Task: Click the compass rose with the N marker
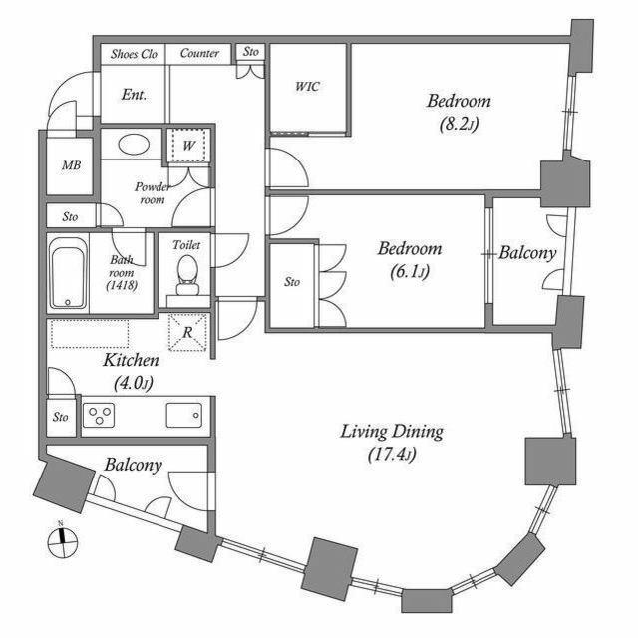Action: (63, 541)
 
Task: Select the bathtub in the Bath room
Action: (68, 273)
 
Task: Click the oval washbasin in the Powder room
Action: (134, 144)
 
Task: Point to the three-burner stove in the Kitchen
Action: (99, 415)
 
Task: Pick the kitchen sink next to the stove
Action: (184, 415)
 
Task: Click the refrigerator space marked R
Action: (187, 332)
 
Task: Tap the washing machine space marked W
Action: (188, 146)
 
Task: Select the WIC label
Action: (307, 87)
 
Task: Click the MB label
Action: (71, 165)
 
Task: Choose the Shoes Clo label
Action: (134, 54)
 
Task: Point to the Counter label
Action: (199, 53)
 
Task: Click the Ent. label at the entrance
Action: (134, 95)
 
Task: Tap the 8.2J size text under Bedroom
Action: (459, 124)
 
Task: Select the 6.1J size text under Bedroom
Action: (410, 271)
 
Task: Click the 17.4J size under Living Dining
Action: (392, 455)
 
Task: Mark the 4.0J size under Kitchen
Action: (133, 383)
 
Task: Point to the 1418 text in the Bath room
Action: (122, 286)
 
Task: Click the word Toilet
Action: (186, 245)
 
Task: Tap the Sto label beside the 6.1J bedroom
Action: (292, 281)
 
